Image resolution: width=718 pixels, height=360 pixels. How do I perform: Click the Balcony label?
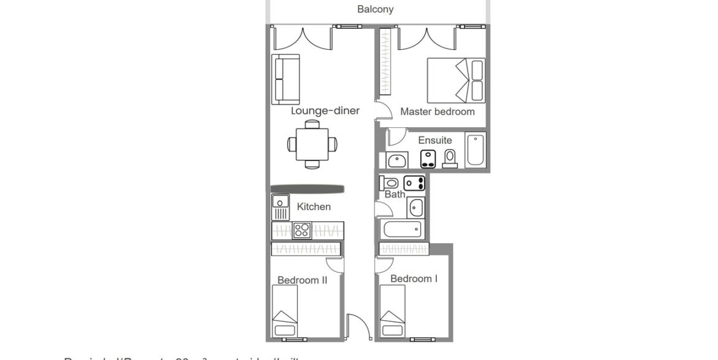375,9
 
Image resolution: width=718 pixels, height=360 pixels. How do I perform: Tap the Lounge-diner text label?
325,111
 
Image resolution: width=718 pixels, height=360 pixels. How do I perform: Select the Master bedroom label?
437,112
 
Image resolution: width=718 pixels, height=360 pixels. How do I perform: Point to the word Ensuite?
435,140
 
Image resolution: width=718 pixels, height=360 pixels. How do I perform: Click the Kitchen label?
314,207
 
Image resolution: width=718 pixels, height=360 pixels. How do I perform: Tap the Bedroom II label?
302,280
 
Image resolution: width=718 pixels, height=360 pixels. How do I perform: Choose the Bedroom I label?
414,279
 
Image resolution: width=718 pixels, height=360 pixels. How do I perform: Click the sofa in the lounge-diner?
286,79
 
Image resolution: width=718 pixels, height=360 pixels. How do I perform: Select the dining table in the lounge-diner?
312,144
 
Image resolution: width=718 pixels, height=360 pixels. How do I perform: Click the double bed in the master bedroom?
455,79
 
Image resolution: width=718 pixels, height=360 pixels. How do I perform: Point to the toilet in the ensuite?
450,158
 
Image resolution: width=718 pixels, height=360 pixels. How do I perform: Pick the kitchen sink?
280,208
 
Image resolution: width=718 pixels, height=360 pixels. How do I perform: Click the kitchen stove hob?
301,230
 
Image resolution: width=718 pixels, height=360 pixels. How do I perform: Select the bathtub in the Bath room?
402,230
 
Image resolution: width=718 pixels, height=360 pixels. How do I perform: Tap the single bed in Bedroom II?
285,311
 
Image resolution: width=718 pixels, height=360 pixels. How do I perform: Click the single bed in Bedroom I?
392,311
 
